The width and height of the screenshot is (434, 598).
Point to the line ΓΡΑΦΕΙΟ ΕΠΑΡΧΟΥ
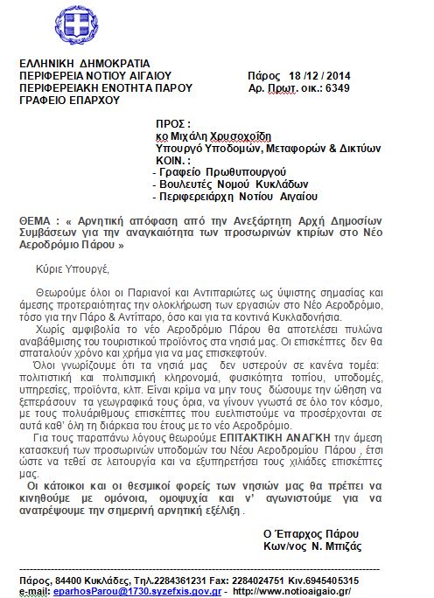[70, 101]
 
